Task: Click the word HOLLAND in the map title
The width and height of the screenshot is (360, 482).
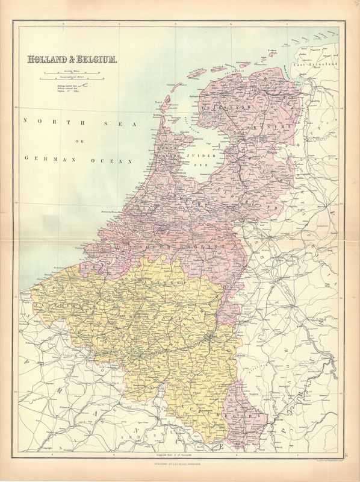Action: [x=47, y=60]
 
